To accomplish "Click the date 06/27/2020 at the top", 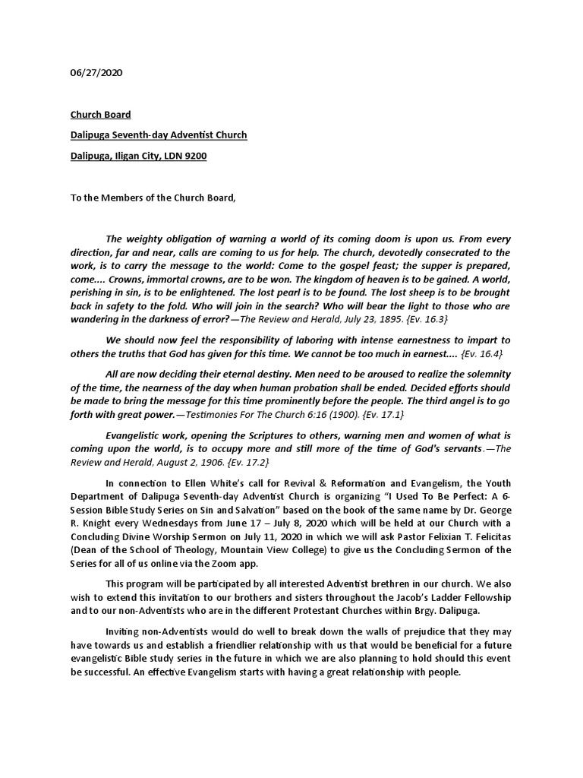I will click(x=96, y=74).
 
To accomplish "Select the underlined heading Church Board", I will click(x=100, y=115).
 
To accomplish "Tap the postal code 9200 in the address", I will click(x=194, y=157).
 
